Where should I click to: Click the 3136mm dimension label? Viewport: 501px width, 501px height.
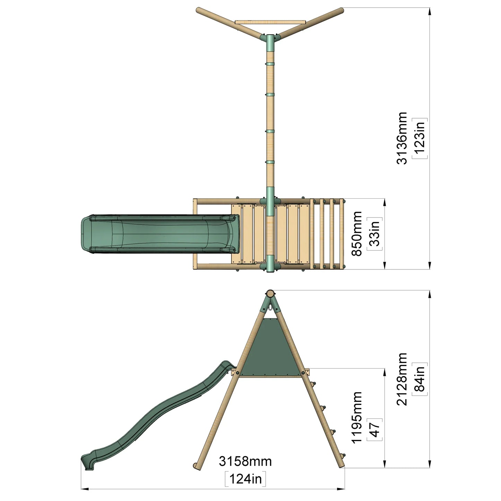(x=402, y=138)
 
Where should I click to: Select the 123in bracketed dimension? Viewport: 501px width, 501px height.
(x=420, y=138)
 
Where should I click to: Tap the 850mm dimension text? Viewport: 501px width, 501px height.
(x=357, y=234)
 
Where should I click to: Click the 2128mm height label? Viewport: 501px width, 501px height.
(x=402, y=379)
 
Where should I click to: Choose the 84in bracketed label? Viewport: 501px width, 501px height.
(x=420, y=379)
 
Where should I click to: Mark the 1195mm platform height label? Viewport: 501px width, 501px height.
(x=357, y=417)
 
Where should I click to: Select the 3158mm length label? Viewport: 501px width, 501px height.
(x=245, y=461)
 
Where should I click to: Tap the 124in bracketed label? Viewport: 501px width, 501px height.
(x=245, y=479)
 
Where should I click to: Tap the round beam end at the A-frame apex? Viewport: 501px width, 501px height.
(x=270, y=293)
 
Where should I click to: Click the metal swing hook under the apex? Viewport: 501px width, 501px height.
(x=270, y=307)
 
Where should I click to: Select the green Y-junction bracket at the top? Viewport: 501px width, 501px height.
(x=270, y=39)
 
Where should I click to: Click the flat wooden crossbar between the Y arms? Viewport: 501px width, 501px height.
(x=270, y=22)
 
